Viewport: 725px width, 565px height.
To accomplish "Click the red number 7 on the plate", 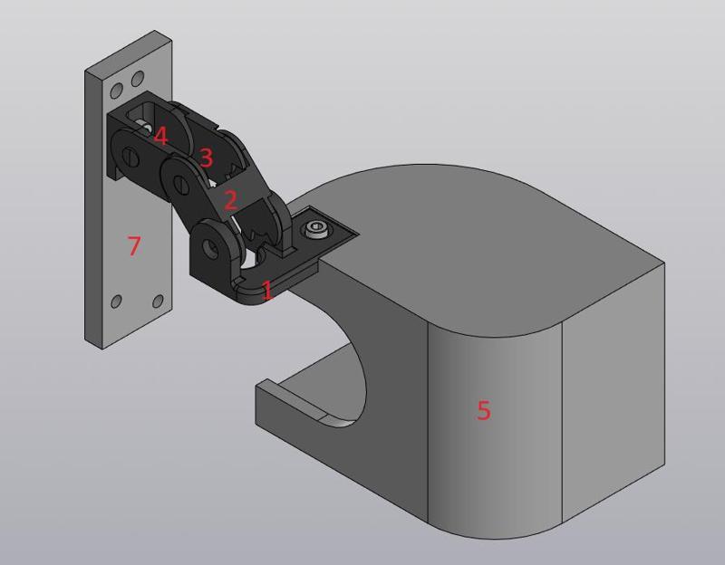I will pyautogui.click(x=134, y=244).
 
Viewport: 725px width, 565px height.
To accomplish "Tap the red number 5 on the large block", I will pyautogui.click(x=483, y=410).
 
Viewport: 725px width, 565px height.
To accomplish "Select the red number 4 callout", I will pyautogui.click(x=160, y=137).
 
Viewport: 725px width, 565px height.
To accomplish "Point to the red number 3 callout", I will pyautogui.click(x=206, y=158).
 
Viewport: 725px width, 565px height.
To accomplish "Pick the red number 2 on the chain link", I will pyautogui.click(x=229, y=199).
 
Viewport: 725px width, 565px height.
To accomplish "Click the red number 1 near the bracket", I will pyautogui.click(x=266, y=291).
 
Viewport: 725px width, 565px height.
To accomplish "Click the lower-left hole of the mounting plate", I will pyautogui.click(x=115, y=302).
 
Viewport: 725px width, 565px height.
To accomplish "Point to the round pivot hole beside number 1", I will pyautogui.click(x=209, y=244).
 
